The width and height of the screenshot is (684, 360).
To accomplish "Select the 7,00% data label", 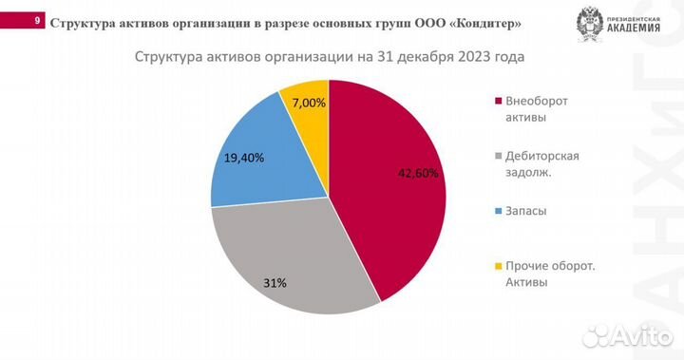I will [x=308, y=102].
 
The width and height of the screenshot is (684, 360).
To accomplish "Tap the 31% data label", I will [x=275, y=282].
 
